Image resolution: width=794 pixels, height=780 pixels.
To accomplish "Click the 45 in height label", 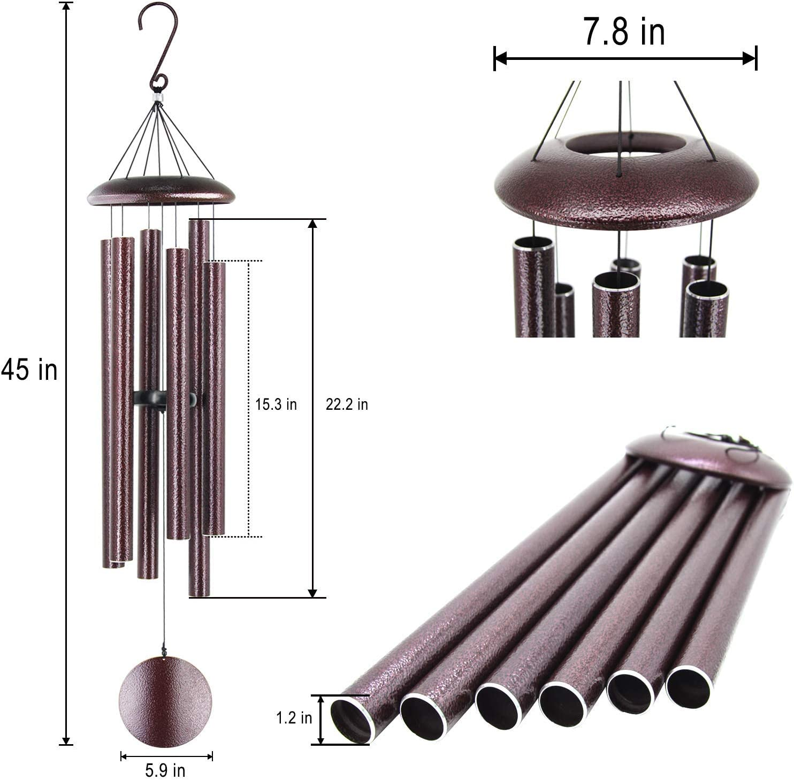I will (x=29, y=370).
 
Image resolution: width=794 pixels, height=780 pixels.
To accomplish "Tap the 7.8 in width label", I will (x=624, y=32).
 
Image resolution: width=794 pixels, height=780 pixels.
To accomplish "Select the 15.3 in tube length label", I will (x=276, y=404).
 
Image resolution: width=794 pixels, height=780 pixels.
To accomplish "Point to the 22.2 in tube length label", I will (x=347, y=404).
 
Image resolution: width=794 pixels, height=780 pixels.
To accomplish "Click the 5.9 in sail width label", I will (x=165, y=770).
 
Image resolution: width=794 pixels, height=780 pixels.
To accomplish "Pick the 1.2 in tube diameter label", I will (x=294, y=718).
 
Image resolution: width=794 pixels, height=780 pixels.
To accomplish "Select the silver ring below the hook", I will (x=157, y=98).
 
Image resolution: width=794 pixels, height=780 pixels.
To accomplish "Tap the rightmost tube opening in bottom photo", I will (x=689, y=687).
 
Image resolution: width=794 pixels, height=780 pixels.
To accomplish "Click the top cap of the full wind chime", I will (x=161, y=190).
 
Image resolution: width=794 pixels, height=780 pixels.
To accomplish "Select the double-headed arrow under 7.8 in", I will (x=624, y=58).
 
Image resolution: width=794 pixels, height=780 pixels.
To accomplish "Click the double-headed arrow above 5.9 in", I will (x=166, y=756).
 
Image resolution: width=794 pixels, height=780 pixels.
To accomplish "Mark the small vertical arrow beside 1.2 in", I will (x=320, y=720).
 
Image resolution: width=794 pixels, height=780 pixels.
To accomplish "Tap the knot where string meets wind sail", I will (x=164, y=653).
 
